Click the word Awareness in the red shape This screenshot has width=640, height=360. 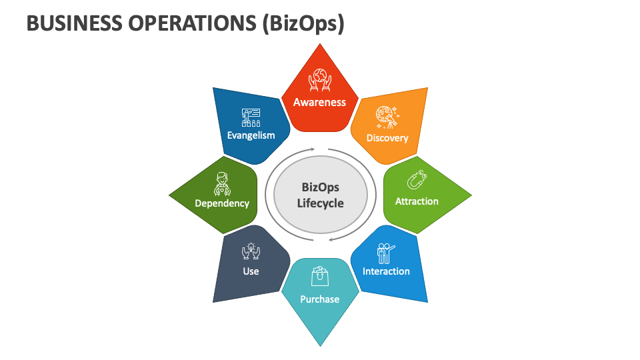pos(320,103)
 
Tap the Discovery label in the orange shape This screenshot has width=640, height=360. pos(387,138)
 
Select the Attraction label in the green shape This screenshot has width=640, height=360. pos(417,201)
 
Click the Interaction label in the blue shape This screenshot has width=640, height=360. pos(386,271)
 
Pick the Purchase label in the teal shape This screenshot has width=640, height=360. pos(319,299)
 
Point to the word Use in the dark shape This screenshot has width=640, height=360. pos(251,271)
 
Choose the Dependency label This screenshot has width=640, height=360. pos(222,203)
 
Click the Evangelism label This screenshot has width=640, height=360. pos(251,135)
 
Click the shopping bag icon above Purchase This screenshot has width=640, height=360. pos(319,276)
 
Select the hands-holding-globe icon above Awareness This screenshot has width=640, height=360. pos(320,80)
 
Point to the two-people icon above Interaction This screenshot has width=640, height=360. pos(386,253)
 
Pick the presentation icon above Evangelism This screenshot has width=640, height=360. pos(251,117)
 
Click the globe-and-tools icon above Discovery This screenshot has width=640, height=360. pos(387,117)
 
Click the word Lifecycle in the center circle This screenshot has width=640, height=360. pos(321,203)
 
